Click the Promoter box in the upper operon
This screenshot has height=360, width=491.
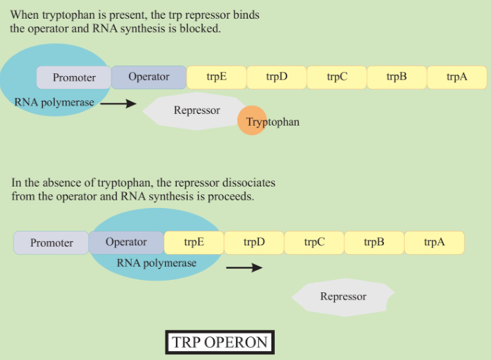pyautogui.click(x=74, y=77)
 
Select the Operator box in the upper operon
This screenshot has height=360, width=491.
pyautogui.click(x=148, y=77)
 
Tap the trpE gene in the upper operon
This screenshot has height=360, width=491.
pyautogui.click(x=216, y=77)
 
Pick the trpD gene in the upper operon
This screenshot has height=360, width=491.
pyautogui.click(x=276, y=77)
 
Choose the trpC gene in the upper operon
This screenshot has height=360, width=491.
pyautogui.click(x=336, y=77)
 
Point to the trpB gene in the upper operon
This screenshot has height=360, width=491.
pyautogui.click(x=396, y=77)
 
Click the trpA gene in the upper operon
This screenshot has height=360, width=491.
pyautogui.click(x=456, y=77)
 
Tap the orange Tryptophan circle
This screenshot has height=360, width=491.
pyautogui.click(x=252, y=121)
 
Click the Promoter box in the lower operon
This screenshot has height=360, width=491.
pyautogui.click(x=52, y=243)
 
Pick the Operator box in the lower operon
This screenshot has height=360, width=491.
pyautogui.click(x=126, y=242)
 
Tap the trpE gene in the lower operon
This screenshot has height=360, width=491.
pyautogui.click(x=193, y=242)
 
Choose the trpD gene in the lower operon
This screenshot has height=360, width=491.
pyautogui.click(x=253, y=242)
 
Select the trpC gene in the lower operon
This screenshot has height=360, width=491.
pyautogui.click(x=314, y=242)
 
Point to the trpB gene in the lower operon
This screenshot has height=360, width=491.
pyautogui.click(x=374, y=242)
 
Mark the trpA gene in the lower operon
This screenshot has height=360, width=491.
pyautogui.click(x=434, y=242)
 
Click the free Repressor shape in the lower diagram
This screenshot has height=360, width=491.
pyautogui.click(x=343, y=296)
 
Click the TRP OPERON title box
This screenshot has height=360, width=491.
pyautogui.click(x=220, y=343)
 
